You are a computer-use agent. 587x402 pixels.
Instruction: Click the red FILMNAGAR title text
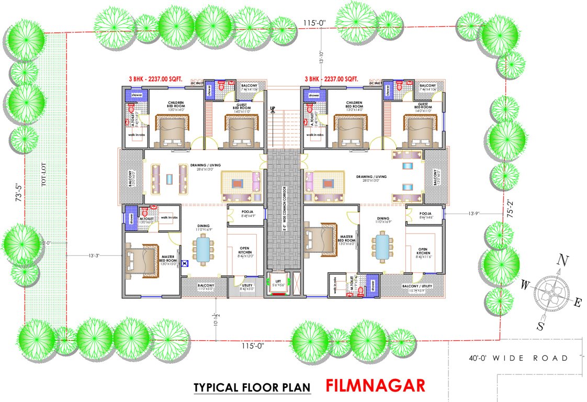(x=375, y=386)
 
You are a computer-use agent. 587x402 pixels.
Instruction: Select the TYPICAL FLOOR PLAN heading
(x=252, y=387)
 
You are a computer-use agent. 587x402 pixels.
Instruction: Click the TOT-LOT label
(x=44, y=175)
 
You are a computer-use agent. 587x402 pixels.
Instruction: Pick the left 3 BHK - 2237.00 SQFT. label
(x=155, y=79)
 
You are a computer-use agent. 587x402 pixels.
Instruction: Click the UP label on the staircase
(x=273, y=109)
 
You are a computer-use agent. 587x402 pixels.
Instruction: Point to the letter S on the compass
(x=540, y=326)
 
